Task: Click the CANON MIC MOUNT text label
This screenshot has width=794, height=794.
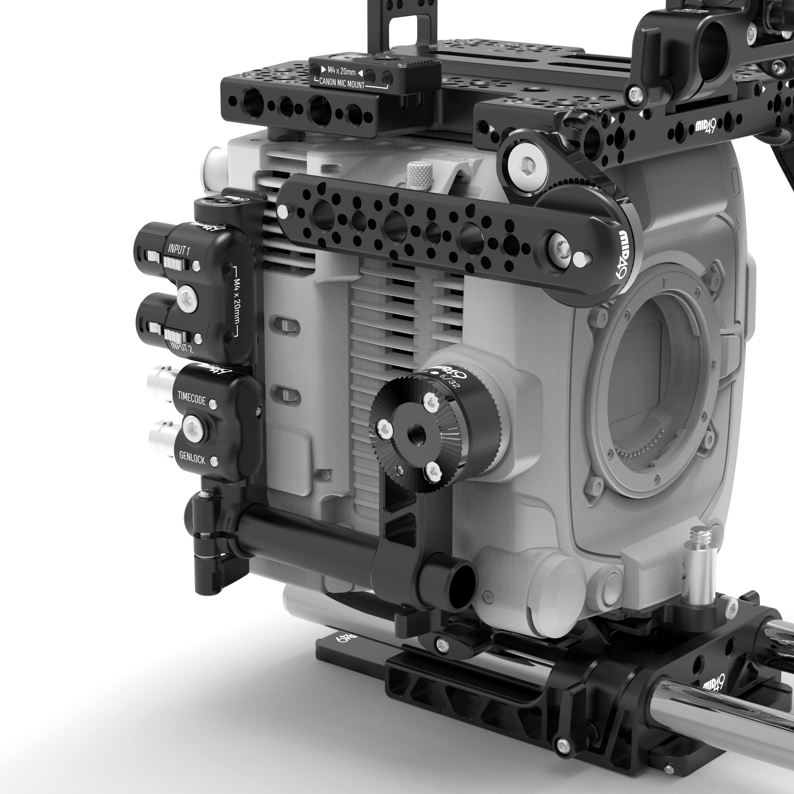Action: tap(341, 85)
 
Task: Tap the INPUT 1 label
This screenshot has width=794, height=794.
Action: tap(178, 249)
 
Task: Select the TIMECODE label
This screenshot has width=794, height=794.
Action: tap(191, 398)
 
